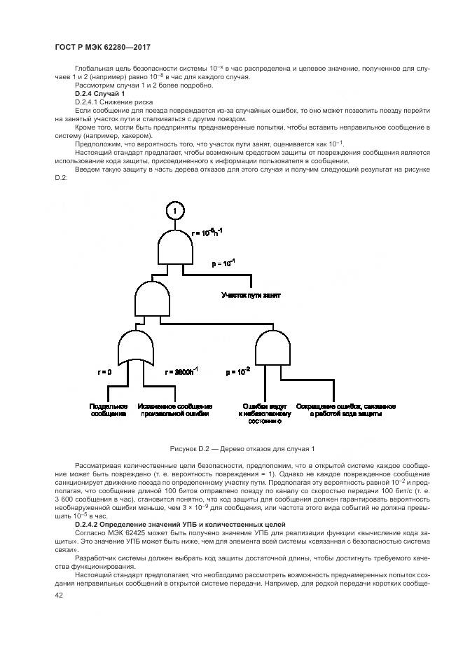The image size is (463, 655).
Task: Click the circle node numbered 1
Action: pos(176,211)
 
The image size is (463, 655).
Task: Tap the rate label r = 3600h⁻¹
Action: pos(181,372)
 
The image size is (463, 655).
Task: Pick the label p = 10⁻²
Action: pos(237,372)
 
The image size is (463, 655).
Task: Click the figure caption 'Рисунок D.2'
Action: pos(242,448)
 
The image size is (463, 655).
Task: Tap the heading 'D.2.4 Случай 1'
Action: pos(99,94)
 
